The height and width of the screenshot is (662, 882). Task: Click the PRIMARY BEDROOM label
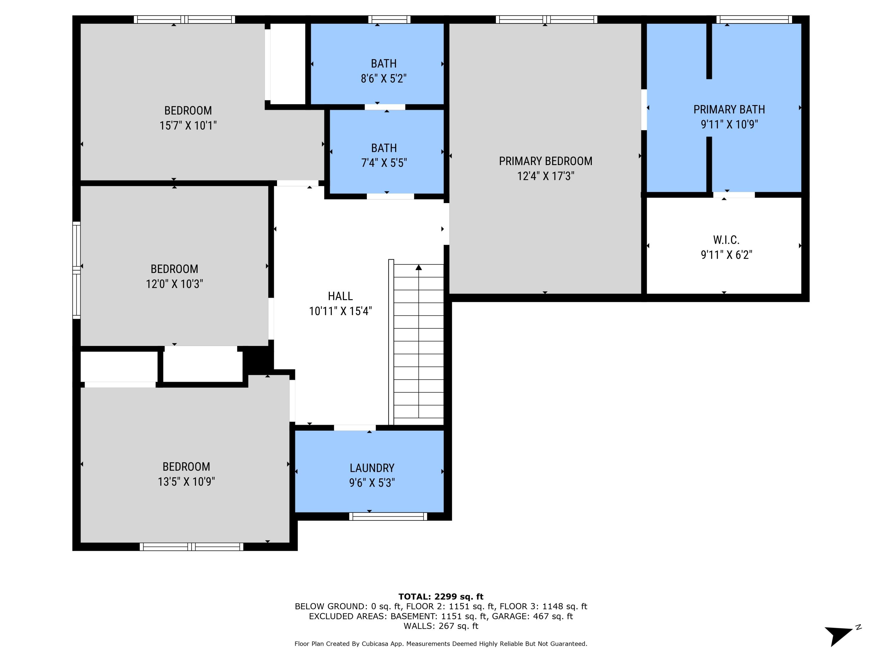pos(545,161)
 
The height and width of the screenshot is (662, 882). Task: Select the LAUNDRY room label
pos(372,468)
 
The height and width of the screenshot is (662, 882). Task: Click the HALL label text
pos(340,296)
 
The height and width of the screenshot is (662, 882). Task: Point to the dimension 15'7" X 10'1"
pos(188,126)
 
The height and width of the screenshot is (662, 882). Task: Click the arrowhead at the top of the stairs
pos(418,267)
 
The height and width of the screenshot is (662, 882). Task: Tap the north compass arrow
pos(839,634)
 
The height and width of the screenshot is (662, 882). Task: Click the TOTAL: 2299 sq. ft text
pos(441,597)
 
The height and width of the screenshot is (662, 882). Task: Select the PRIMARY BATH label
pos(729,109)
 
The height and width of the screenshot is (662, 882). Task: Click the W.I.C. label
pos(726,240)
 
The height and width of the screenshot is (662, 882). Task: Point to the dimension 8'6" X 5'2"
pos(384,79)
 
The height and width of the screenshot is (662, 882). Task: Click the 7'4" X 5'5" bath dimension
pos(384,163)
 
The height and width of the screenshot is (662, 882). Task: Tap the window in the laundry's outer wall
pos(388,516)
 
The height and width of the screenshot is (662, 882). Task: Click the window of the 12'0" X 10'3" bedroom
pos(76,270)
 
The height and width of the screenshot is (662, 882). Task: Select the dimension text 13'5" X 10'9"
pos(186,482)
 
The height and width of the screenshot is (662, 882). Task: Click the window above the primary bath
pos(754,19)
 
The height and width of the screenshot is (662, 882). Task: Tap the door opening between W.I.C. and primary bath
pos(734,195)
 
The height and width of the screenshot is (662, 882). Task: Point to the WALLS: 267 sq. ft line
pos(441,626)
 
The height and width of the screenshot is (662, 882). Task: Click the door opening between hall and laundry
pos(355,428)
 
